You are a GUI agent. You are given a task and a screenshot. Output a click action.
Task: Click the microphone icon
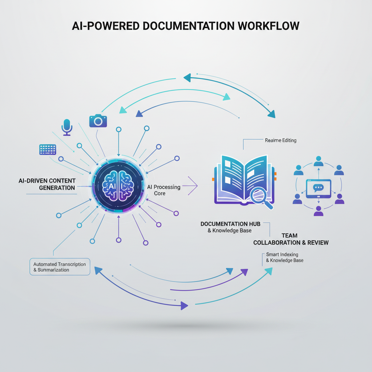[67, 126]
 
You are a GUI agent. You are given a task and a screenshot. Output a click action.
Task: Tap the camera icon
[98, 121]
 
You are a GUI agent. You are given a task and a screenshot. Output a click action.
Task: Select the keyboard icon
[48, 149]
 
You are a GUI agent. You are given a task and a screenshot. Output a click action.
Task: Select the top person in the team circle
[319, 160]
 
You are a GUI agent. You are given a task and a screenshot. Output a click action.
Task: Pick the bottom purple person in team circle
[319, 210]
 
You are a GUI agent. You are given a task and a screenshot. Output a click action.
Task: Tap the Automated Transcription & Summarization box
[60, 267]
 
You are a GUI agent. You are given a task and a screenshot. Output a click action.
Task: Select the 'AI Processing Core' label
[163, 190]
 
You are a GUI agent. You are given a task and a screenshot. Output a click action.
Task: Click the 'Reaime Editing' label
[280, 140]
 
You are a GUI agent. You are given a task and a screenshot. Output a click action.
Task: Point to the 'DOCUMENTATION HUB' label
[230, 224]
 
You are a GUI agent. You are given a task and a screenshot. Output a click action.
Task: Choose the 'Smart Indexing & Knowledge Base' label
[285, 257]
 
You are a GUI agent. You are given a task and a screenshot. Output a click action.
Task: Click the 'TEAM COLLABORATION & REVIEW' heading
[291, 239]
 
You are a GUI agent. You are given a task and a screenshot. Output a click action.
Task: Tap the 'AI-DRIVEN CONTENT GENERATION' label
[47, 184]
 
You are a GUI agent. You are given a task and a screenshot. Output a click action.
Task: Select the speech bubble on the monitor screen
[318, 187]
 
